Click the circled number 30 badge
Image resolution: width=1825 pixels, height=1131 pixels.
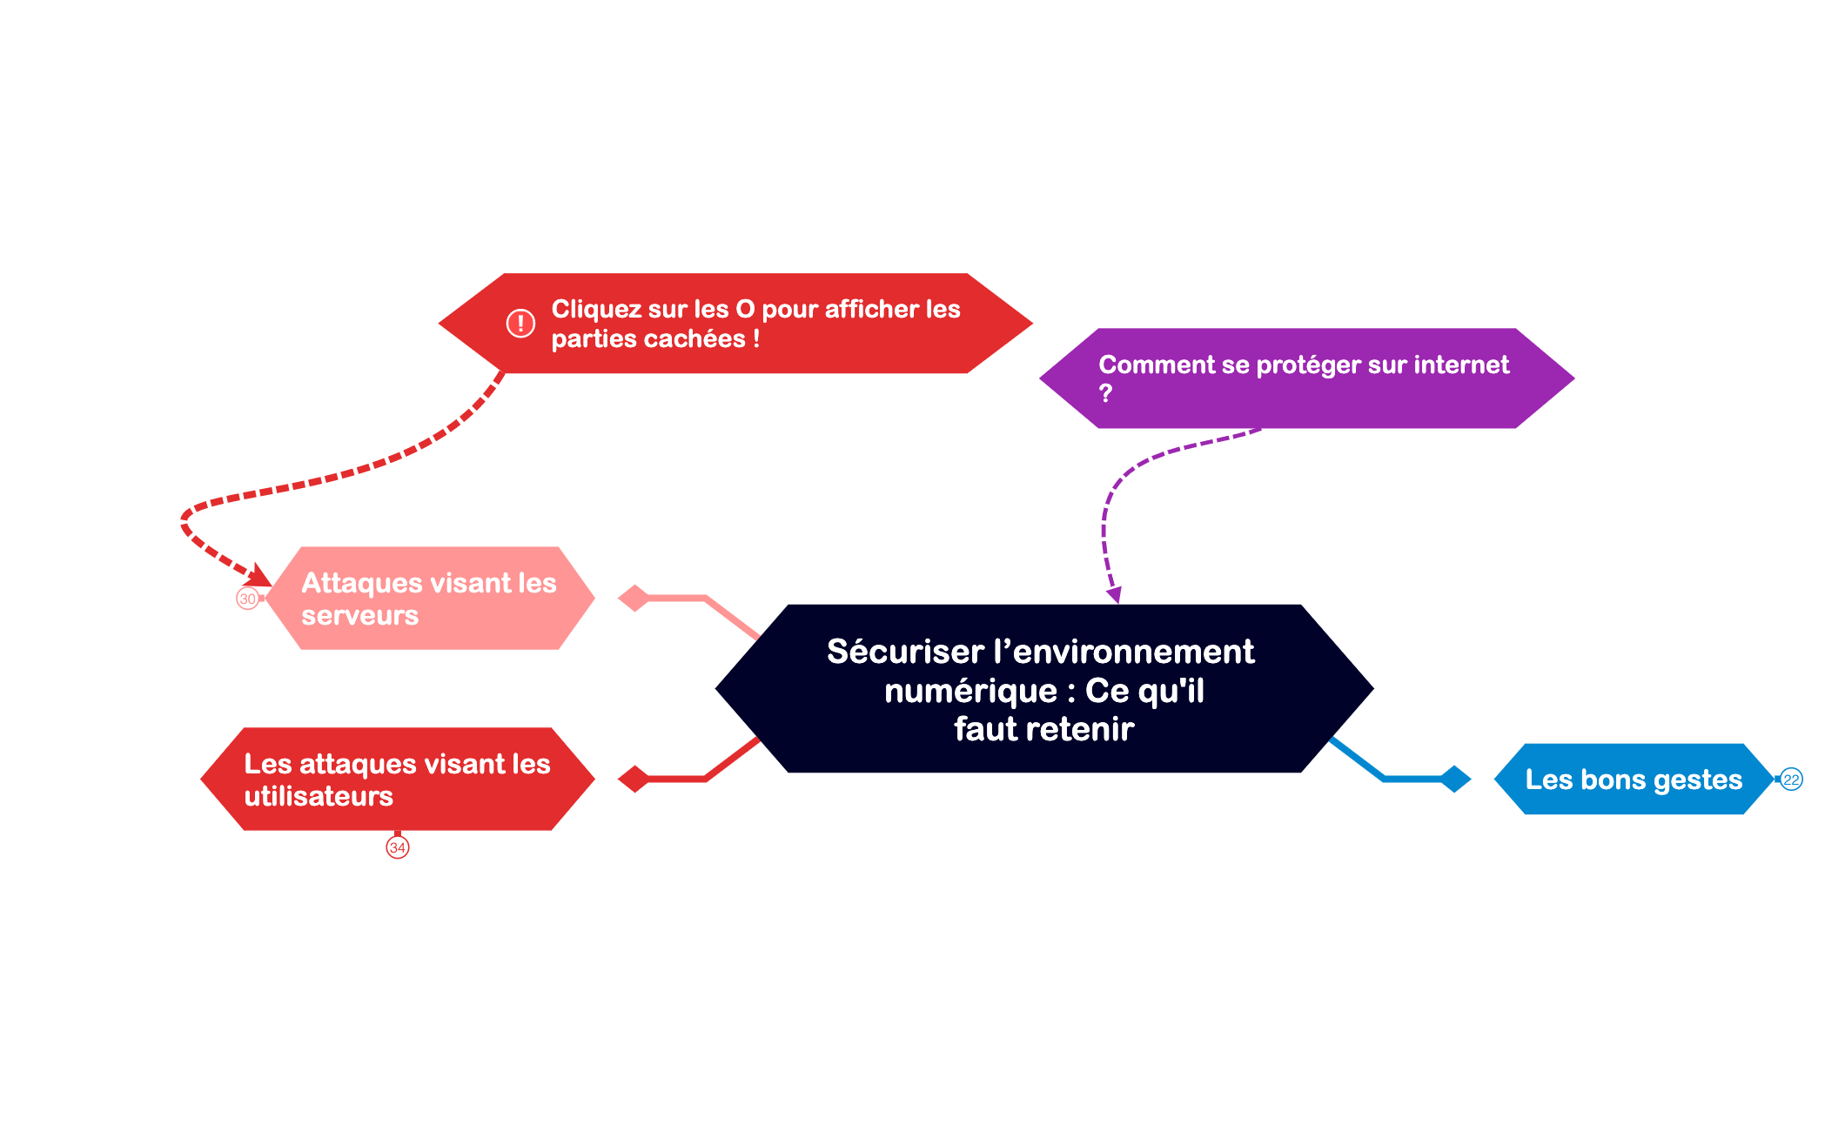click(248, 599)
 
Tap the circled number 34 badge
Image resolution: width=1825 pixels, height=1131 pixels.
click(398, 847)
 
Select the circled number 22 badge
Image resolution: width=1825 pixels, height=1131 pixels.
click(1791, 780)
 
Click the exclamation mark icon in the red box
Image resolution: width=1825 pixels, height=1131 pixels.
click(520, 324)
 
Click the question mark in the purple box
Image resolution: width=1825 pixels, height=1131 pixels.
click(1105, 394)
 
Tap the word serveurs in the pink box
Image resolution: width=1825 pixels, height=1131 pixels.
click(359, 616)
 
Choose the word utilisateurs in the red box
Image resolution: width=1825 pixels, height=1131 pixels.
click(319, 797)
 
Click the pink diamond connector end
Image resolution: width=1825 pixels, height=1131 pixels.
click(634, 599)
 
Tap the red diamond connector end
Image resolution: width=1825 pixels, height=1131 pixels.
click(634, 779)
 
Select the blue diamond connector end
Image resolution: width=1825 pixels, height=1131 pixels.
click(1455, 779)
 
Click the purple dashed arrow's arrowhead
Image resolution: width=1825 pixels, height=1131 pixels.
click(1114, 596)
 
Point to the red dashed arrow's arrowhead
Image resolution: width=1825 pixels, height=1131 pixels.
click(260, 576)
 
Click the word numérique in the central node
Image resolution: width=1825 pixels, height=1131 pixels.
click(970, 692)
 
